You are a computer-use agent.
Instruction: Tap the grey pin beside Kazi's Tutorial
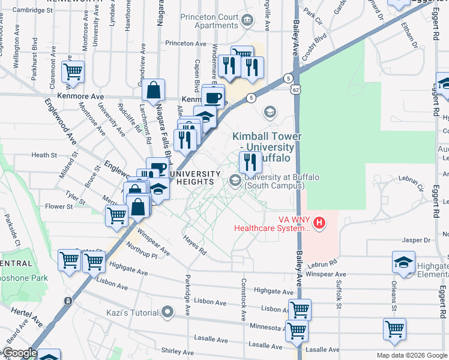(x=169, y=312)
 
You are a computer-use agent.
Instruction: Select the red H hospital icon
(x=319, y=224)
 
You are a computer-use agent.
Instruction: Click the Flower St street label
(x=59, y=206)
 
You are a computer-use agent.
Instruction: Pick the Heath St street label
(x=44, y=155)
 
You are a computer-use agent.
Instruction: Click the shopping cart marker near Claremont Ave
(x=73, y=72)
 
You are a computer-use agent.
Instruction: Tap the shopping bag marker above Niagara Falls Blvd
(x=154, y=91)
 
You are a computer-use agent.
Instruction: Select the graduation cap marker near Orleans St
(x=403, y=262)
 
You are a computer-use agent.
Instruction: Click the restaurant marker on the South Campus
(x=250, y=162)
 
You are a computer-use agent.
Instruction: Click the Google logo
(x=20, y=353)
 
